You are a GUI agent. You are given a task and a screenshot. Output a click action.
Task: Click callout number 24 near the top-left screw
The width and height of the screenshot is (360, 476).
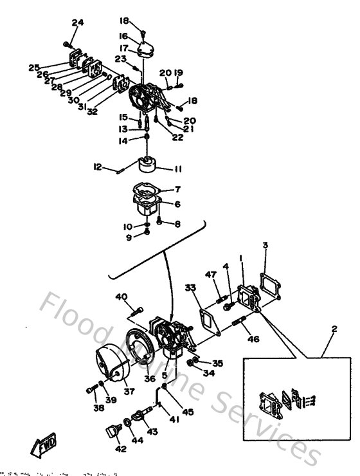coord(77,23)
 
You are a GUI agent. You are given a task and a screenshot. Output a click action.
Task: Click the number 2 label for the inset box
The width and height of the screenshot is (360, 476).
coord(333,330)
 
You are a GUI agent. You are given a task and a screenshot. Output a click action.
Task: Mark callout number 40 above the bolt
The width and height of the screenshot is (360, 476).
coord(122,297)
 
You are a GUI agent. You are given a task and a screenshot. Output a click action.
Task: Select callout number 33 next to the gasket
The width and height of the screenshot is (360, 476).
coord(190,287)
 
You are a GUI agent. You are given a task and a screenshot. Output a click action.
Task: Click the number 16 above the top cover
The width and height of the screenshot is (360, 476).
coord(123,37)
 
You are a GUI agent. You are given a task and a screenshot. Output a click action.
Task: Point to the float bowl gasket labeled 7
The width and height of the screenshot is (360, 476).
coord(147,189)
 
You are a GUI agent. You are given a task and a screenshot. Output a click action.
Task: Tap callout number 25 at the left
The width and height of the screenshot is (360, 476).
coord(34,67)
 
